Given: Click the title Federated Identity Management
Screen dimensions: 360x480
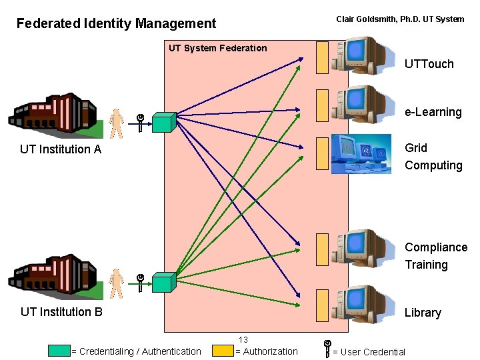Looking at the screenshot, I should [x=116, y=24].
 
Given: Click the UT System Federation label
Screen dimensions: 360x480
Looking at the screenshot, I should [x=217, y=48].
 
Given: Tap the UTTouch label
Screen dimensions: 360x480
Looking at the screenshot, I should [x=429, y=64].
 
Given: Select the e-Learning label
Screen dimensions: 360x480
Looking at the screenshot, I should [x=433, y=112].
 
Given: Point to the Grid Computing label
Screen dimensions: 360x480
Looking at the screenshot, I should [x=433, y=157].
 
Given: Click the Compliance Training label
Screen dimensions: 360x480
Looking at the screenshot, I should [x=435, y=256].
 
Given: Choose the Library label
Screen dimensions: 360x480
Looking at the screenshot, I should [x=423, y=313].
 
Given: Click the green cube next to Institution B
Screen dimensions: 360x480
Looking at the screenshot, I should [x=163, y=282].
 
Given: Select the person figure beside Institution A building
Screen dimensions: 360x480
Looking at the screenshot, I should [x=117, y=123].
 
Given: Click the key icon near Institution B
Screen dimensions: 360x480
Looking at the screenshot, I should [x=141, y=283].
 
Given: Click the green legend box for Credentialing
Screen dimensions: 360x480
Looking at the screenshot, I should [x=59, y=351].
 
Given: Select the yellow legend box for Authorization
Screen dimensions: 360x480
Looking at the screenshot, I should [x=222, y=351].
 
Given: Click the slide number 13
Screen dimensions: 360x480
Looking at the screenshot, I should [x=243, y=340].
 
